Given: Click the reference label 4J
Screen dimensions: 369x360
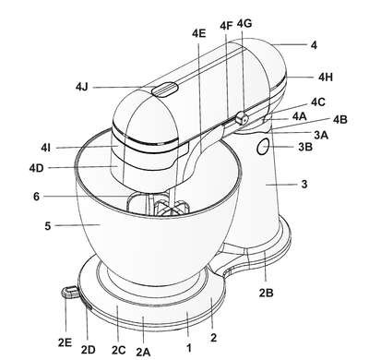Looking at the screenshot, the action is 82,87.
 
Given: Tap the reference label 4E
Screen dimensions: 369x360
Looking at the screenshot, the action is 198,33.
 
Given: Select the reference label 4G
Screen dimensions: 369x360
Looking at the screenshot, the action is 244,23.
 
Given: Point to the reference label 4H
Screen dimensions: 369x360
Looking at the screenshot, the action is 326,77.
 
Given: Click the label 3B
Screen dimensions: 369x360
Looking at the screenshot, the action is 305,147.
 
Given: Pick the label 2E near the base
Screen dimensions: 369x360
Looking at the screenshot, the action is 65,342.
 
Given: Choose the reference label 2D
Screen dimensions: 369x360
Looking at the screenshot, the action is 89,350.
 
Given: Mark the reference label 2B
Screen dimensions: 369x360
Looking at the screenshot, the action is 266,293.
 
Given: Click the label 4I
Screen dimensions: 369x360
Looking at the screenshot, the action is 45,148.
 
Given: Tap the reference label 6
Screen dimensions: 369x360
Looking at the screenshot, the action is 36,197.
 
